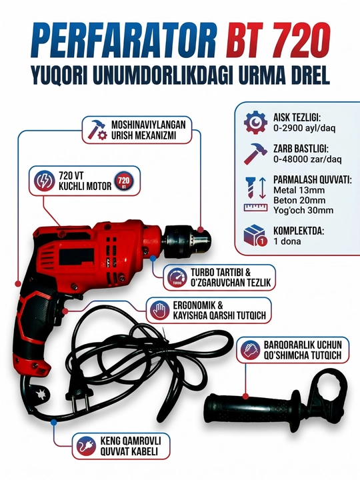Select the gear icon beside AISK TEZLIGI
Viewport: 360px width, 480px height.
point(255,123)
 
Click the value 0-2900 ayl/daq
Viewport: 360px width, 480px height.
point(304,128)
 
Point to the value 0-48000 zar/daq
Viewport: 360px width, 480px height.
point(307,159)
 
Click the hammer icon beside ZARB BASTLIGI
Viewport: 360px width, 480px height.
point(255,154)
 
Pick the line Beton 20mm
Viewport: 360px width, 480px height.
point(295,200)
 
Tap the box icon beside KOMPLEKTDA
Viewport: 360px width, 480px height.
point(255,235)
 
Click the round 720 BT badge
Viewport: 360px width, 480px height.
point(123,181)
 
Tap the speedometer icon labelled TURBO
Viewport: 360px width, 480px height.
point(177,277)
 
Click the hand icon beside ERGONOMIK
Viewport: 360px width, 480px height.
point(159,311)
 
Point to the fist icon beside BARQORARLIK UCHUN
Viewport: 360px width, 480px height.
point(250,350)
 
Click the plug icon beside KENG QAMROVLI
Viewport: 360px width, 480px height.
point(86,446)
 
